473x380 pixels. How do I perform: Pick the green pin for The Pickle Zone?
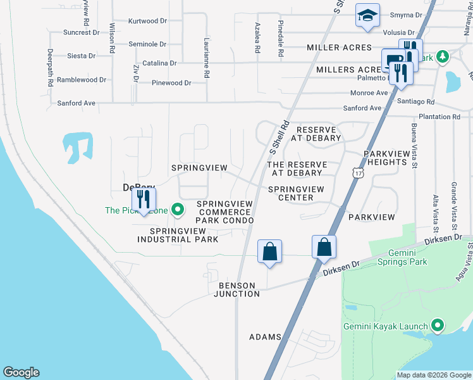[178, 208]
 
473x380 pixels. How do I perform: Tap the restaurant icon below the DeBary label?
[144, 201]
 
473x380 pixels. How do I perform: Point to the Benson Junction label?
[238, 289]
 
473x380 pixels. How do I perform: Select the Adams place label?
[264, 337]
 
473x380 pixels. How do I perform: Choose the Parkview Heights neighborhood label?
[385, 158]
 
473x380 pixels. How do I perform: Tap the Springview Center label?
[295, 193]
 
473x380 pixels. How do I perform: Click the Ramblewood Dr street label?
[82, 80]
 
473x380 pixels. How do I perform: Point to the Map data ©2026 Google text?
[433, 375]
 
